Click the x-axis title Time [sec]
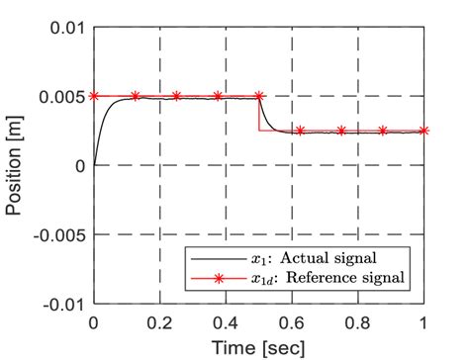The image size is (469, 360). click(258, 347)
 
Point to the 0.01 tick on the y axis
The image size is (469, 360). click(64, 27)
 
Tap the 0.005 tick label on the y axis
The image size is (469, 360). click(60, 96)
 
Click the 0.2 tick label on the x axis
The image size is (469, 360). click(159, 322)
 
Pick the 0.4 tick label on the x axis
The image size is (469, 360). click(226, 322)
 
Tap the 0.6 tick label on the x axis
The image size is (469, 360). click(292, 322)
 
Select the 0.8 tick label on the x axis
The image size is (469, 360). click(358, 322)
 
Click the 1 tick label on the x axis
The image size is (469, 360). click(424, 322)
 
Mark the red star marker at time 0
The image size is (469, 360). click(94, 96)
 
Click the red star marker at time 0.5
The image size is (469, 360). click(259, 96)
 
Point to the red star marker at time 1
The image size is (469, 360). click(424, 131)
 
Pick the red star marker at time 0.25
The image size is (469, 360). click(176, 96)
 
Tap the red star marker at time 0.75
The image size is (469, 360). click(341, 131)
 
